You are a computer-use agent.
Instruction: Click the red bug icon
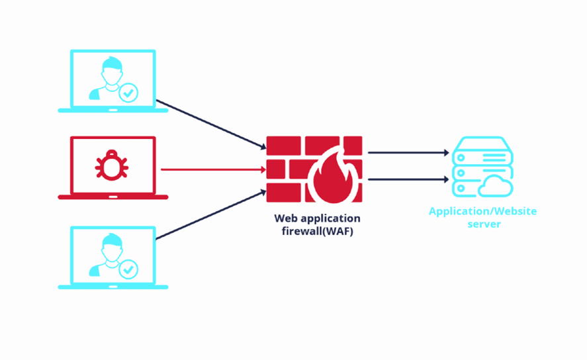point(112,165)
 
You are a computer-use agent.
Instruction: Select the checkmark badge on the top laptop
point(128,93)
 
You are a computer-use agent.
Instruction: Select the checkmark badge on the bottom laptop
point(128,269)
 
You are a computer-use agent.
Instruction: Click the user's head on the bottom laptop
point(112,248)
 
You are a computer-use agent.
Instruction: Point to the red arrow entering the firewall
point(213,169)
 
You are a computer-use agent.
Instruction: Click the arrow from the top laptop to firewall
point(211,124)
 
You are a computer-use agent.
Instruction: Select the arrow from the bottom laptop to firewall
point(211,214)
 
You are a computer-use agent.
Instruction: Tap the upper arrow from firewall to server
point(408,153)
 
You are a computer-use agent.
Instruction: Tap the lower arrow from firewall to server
point(408,179)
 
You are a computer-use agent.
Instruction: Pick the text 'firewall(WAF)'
point(318,231)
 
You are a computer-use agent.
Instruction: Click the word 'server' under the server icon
point(484,224)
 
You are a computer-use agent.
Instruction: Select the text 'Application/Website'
point(483,212)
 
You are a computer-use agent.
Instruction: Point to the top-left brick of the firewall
point(283,146)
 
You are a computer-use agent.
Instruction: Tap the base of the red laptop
point(113,197)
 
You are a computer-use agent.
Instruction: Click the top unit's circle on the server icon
point(461,157)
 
